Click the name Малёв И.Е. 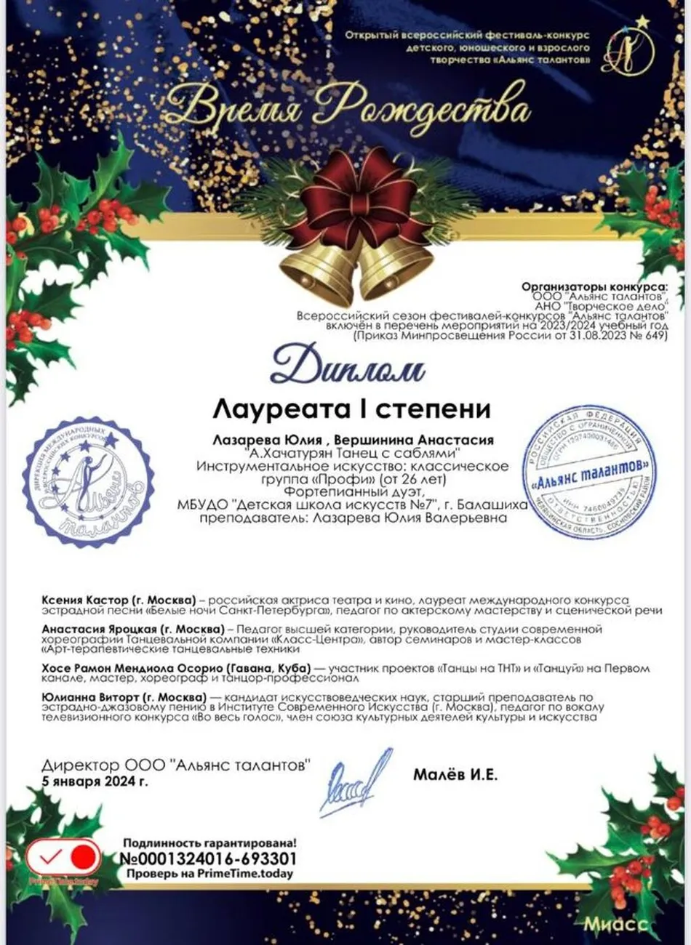click(x=455, y=775)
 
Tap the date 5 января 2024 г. click(x=95, y=782)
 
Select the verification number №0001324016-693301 click(x=208, y=858)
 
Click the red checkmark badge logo click(x=63, y=859)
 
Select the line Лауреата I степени click(x=351, y=409)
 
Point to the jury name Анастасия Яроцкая click(x=132, y=628)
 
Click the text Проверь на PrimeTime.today click(x=209, y=873)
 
